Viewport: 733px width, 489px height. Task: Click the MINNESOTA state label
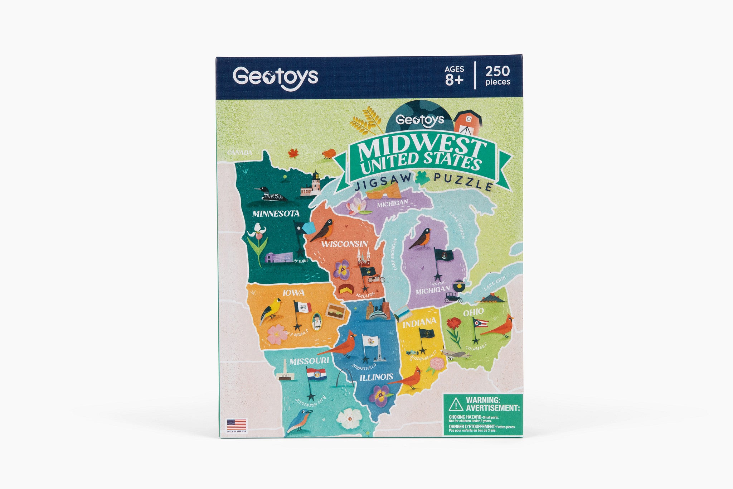[276, 214]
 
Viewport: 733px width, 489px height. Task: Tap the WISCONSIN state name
[344, 244]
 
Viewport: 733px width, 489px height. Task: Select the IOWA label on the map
[293, 293]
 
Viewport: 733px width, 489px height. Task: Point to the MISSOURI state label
[309, 361]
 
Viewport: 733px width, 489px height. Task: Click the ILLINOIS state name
[376, 377]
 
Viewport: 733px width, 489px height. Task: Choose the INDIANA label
[419, 322]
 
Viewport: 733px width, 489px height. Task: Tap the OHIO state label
[473, 312]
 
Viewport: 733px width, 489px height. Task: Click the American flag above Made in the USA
[237, 425]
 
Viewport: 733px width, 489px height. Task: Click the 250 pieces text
[497, 76]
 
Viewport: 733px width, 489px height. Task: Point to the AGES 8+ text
[454, 76]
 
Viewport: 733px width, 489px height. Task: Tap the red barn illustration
[467, 121]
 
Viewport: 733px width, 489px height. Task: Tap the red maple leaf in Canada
[293, 153]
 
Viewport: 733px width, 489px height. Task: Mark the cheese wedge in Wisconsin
[346, 289]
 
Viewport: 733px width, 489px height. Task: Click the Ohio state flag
[480, 322]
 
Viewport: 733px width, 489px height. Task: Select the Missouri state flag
[316, 374]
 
